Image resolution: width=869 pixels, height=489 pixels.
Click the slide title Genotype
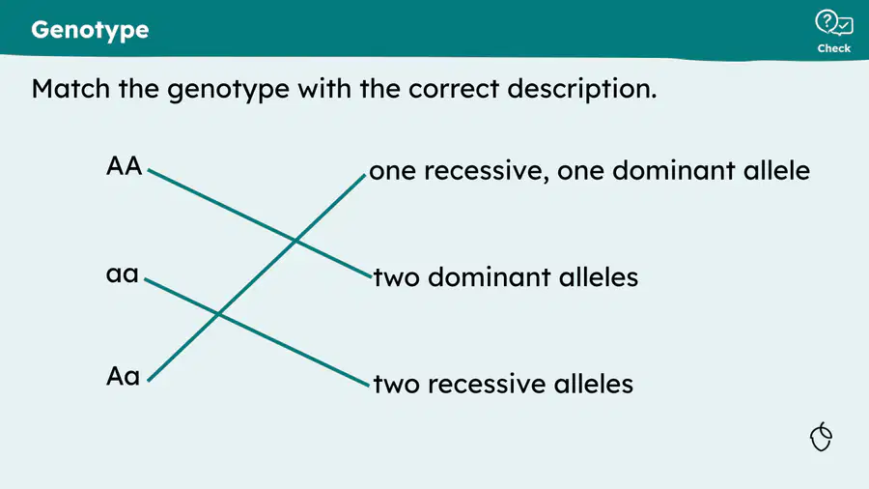point(90,30)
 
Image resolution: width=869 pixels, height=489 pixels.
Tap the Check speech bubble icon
point(833,23)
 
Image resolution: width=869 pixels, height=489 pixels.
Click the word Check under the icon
point(833,48)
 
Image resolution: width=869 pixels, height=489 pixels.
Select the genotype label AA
point(125,166)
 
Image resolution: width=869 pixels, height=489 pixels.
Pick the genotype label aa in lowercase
point(122,273)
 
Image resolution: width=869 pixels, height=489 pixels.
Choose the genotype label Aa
point(123,376)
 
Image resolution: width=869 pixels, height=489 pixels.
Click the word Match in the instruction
point(70,89)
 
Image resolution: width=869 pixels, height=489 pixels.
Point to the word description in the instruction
point(582,89)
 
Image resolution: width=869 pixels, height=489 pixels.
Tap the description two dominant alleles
point(505,276)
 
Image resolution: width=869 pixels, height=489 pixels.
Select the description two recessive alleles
point(503,384)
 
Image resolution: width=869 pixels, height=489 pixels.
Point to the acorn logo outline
point(821,436)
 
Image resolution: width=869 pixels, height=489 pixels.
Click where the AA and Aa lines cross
point(295,241)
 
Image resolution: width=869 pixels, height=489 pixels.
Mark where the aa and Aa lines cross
point(218,314)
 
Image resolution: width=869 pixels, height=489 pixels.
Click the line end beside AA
point(149,170)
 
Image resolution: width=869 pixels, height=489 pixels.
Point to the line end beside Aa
point(149,381)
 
